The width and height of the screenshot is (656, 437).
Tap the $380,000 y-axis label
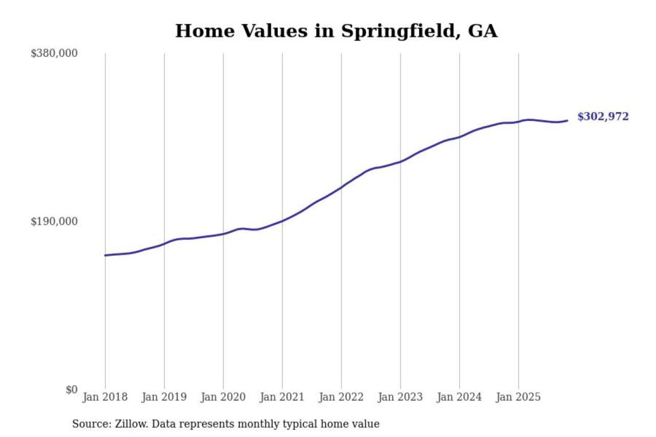point(54,53)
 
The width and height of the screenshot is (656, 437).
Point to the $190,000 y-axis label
point(54,221)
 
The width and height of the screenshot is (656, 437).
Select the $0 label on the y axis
point(72,390)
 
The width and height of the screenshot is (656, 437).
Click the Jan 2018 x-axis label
point(105,397)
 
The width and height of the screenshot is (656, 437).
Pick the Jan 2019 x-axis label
point(164,397)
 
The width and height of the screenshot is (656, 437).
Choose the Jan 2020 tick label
point(223,397)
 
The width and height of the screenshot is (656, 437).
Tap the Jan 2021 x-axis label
point(282,397)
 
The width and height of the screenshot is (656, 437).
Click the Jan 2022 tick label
point(341,397)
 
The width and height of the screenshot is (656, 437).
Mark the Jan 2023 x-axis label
point(400,397)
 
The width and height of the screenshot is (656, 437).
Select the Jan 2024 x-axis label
point(459,397)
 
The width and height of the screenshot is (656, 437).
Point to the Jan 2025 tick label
point(518,397)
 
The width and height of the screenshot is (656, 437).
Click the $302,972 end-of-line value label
point(603,117)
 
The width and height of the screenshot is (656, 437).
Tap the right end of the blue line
point(567,121)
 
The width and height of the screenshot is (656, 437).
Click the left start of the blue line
point(105,255)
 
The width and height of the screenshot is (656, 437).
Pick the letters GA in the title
point(482,31)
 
